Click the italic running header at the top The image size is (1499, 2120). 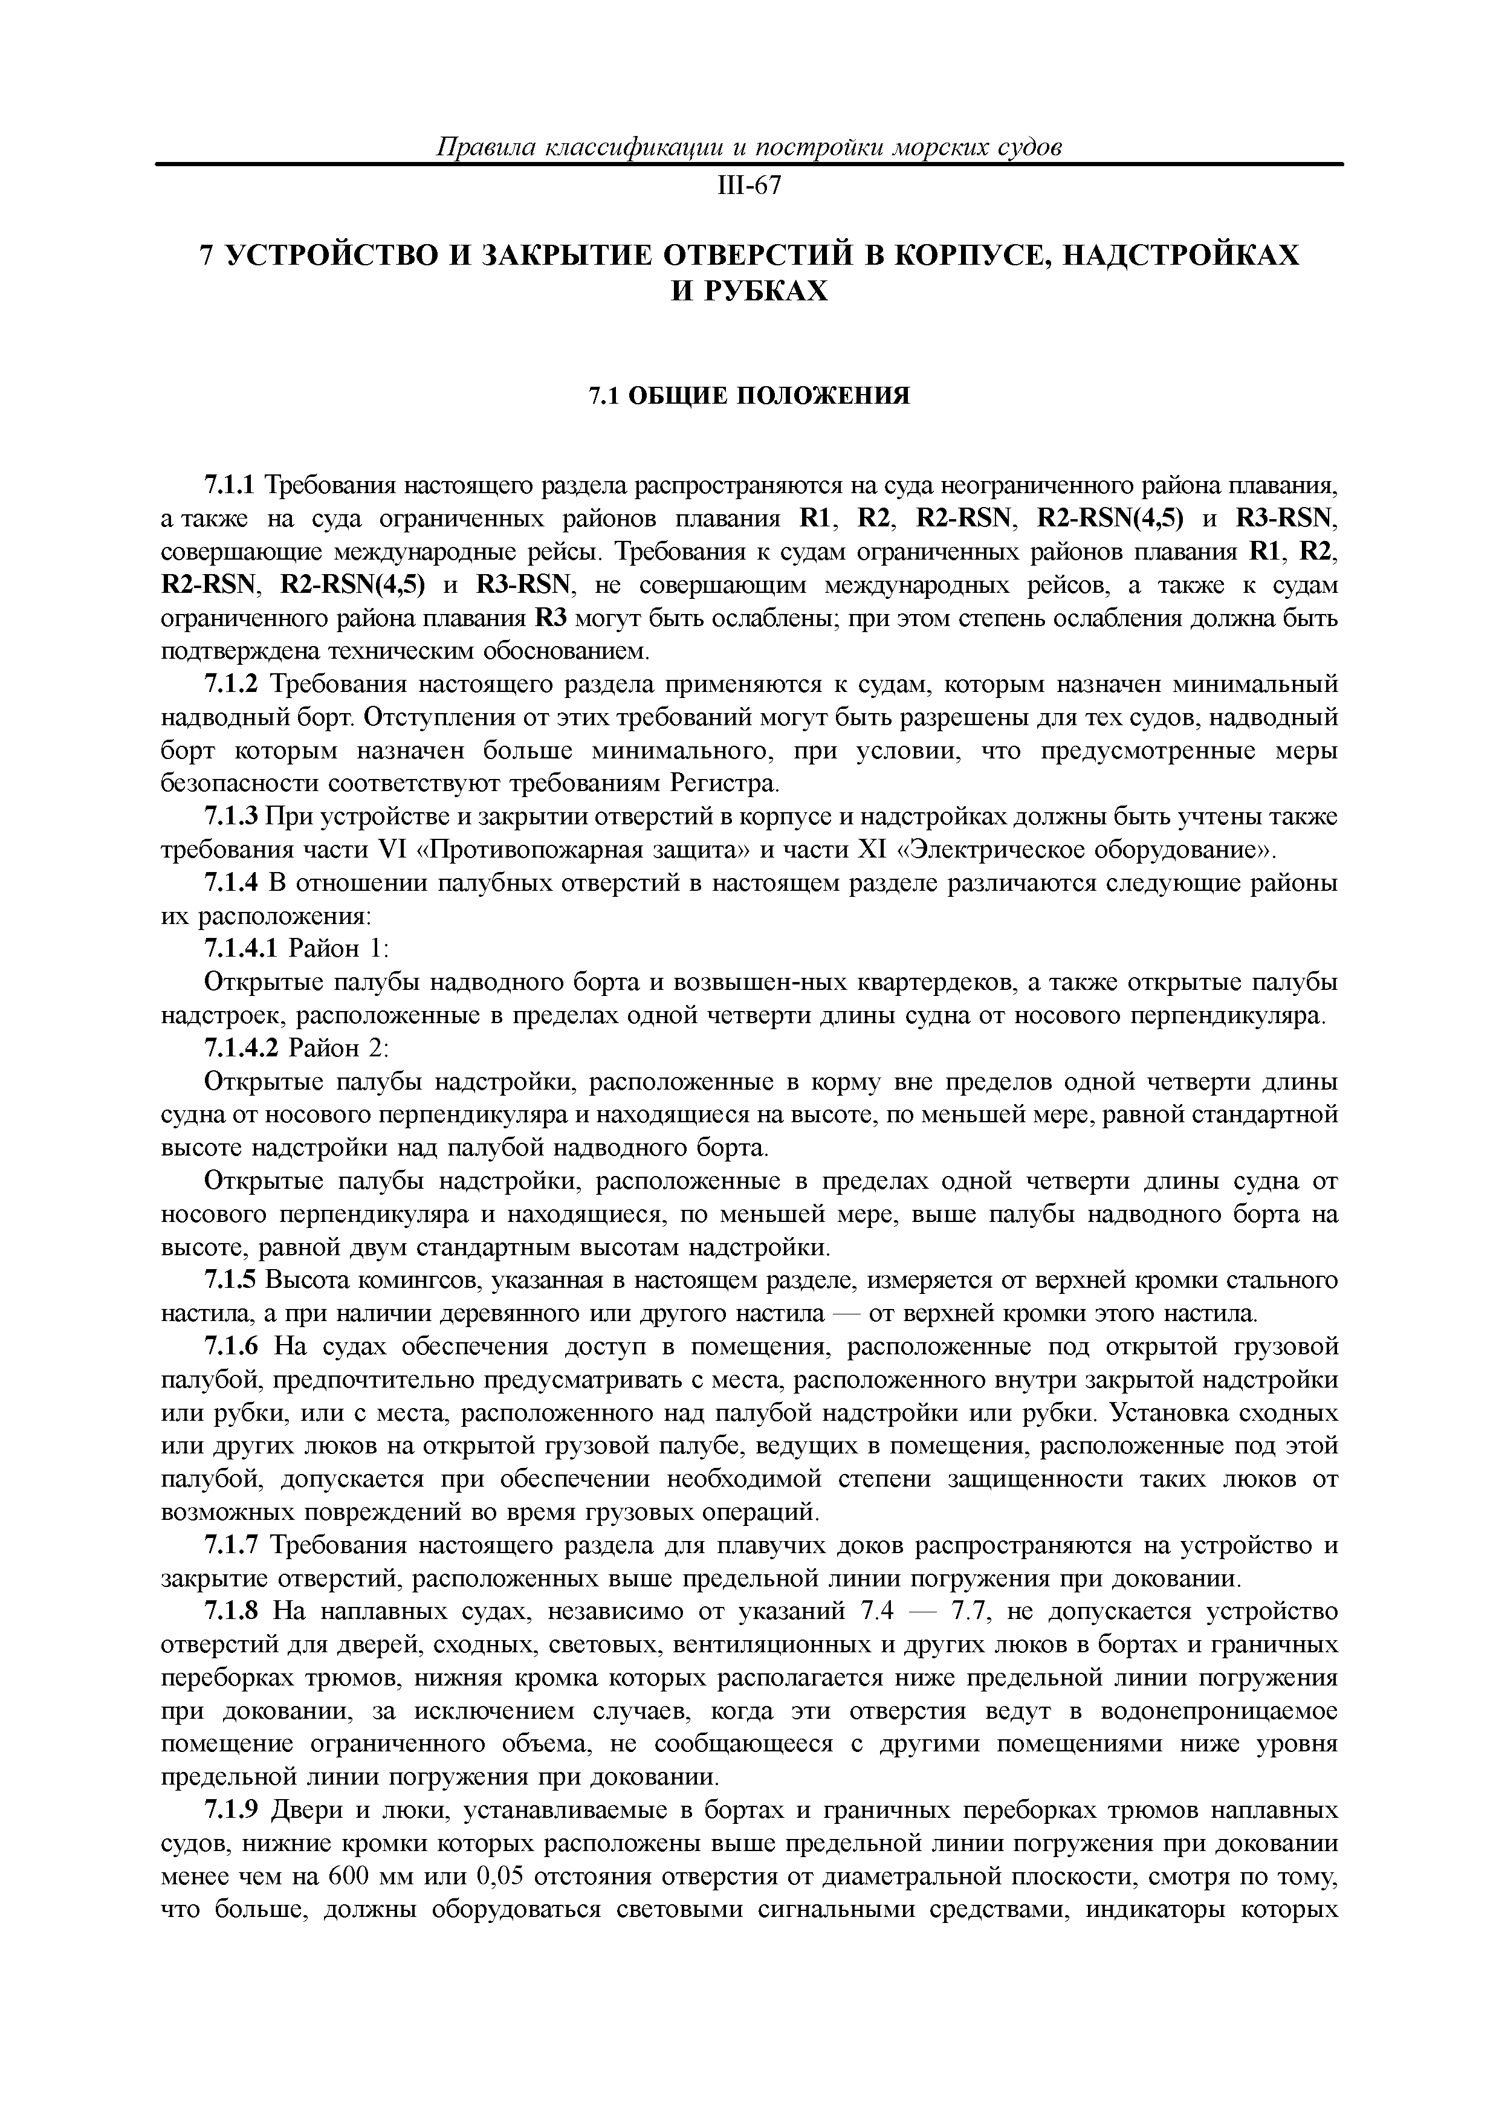point(749,147)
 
